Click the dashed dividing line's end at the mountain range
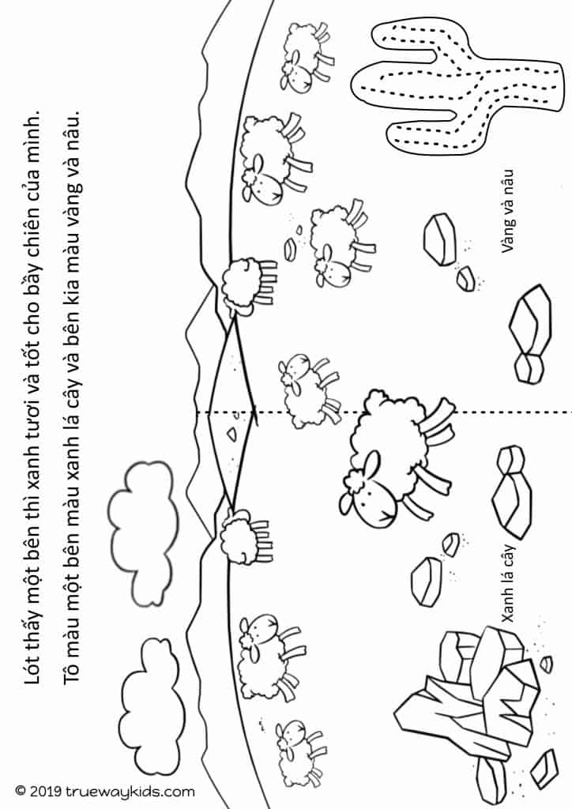(x=197, y=412)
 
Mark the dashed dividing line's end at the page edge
(x=571, y=412)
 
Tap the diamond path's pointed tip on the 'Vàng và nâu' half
(x=234, y=318)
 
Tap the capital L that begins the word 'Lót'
(x=32, y=677)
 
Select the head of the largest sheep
(x=367, y=489)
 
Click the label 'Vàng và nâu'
(x=507, y=212)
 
